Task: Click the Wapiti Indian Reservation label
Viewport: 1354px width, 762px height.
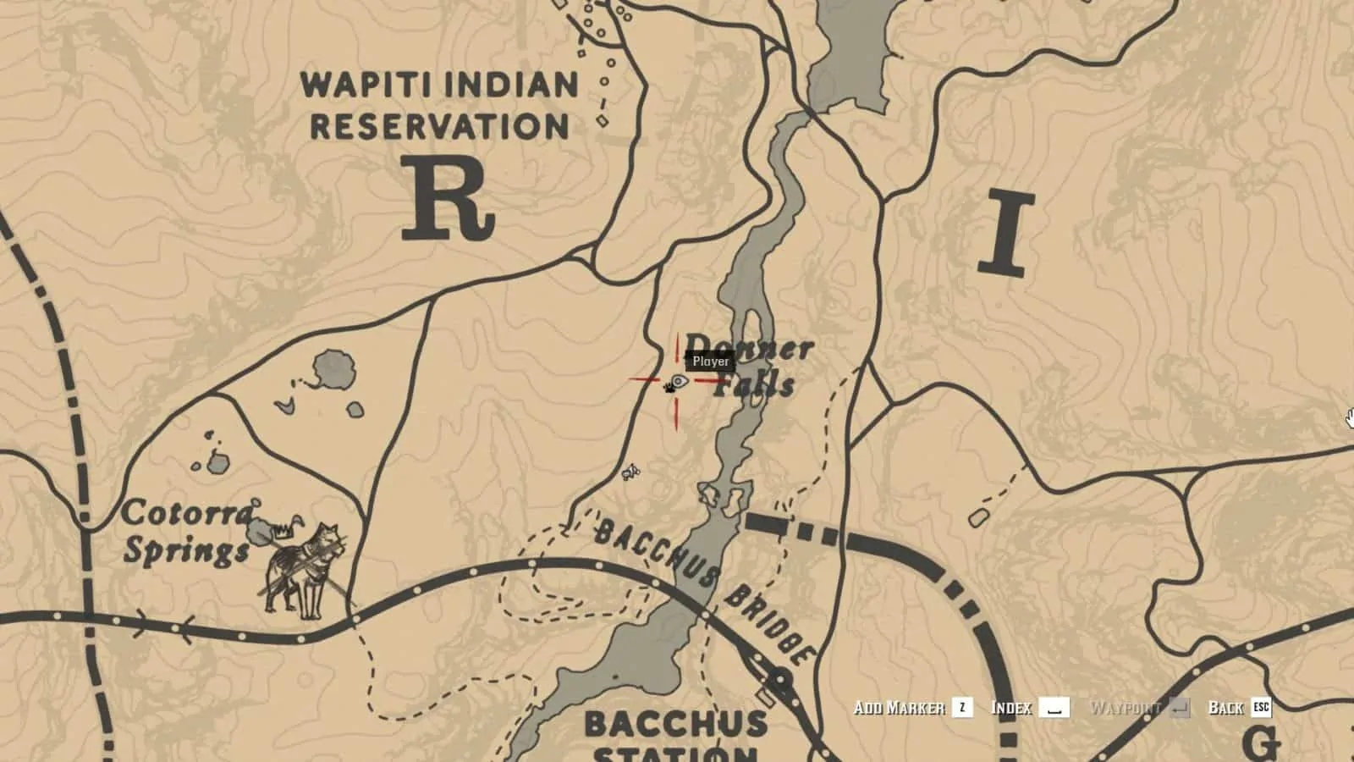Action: [x=440, y=106]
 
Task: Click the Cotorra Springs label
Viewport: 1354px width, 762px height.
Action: [x=188, y=532]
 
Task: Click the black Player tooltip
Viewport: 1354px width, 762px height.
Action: [x=710, y=362]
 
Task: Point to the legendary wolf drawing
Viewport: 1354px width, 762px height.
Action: [x=305, y=569]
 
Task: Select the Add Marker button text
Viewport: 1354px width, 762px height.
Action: [x=899, y=708]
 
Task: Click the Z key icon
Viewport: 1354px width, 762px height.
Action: [x=962, y=708]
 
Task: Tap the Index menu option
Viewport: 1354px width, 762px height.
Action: [x=1011, y=708]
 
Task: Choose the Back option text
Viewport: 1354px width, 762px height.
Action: [x=1225, y=708]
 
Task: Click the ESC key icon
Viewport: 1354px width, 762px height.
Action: [x=1261, y=708]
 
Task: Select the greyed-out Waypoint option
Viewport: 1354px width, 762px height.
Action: [x=1126, y=708]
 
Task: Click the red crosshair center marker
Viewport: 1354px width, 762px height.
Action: [x=676, y=381]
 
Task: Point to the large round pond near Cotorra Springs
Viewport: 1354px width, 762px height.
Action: [x=333, y=370]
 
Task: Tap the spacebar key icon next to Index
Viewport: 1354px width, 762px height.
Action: [x=1054, y=708]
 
